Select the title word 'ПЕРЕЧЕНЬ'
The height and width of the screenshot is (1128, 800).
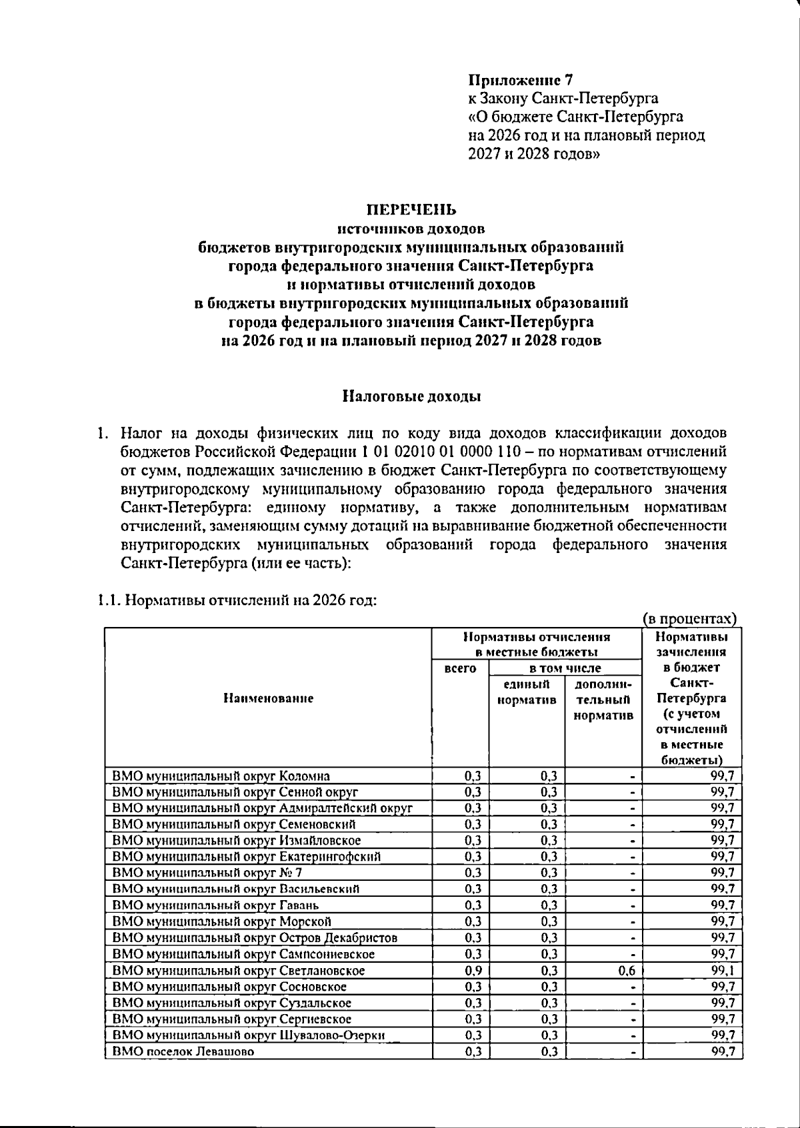point(411,211)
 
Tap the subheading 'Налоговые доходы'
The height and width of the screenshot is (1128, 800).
point(411,397)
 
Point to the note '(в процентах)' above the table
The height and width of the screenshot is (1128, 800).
point(690,619)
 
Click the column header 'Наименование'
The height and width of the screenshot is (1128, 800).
point(268,698)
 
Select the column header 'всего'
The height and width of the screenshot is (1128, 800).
point(460,668)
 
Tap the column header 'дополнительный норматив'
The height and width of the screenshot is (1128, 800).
point(603,700)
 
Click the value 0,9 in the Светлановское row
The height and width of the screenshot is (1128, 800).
point(473,971)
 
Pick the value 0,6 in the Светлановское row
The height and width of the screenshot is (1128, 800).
point(627,971)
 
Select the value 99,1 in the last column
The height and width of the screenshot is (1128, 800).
point(722,971)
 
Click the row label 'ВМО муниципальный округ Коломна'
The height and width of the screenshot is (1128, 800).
point(221,776)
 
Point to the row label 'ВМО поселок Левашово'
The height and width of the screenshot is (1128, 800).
point(183,1052)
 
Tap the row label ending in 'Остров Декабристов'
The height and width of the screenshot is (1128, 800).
point(255,938)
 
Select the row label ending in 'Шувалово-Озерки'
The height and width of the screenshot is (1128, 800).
point(249,1035)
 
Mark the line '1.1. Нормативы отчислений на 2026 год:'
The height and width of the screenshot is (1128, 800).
point(237,600)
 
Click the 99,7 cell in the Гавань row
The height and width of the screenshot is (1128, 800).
point(722,905)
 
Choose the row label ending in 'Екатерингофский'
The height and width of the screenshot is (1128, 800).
point(247,857)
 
